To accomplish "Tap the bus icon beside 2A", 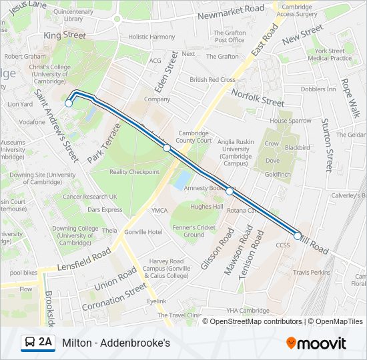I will click(x=30, y=343).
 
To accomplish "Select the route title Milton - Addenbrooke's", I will click(x=116, y=343).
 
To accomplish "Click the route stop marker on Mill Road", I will click(x=298, y=235).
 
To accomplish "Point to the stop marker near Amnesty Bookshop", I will click(x=230, y=191).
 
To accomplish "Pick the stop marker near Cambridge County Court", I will click(x=167, y=148).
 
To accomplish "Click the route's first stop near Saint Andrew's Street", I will click(x=69, y=103).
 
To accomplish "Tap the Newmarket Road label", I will click(x=232, y=9).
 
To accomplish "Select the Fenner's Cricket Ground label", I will click(x=194, y=231).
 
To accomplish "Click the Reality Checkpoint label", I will click(x=134, y=172).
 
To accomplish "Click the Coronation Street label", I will click(x=113, y=297).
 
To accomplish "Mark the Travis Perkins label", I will click(x=312, y=272).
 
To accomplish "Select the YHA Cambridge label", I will click(x=247, y=311).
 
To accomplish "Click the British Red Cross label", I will click(x=212, y=80).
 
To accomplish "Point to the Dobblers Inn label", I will click(x=318, y=89).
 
